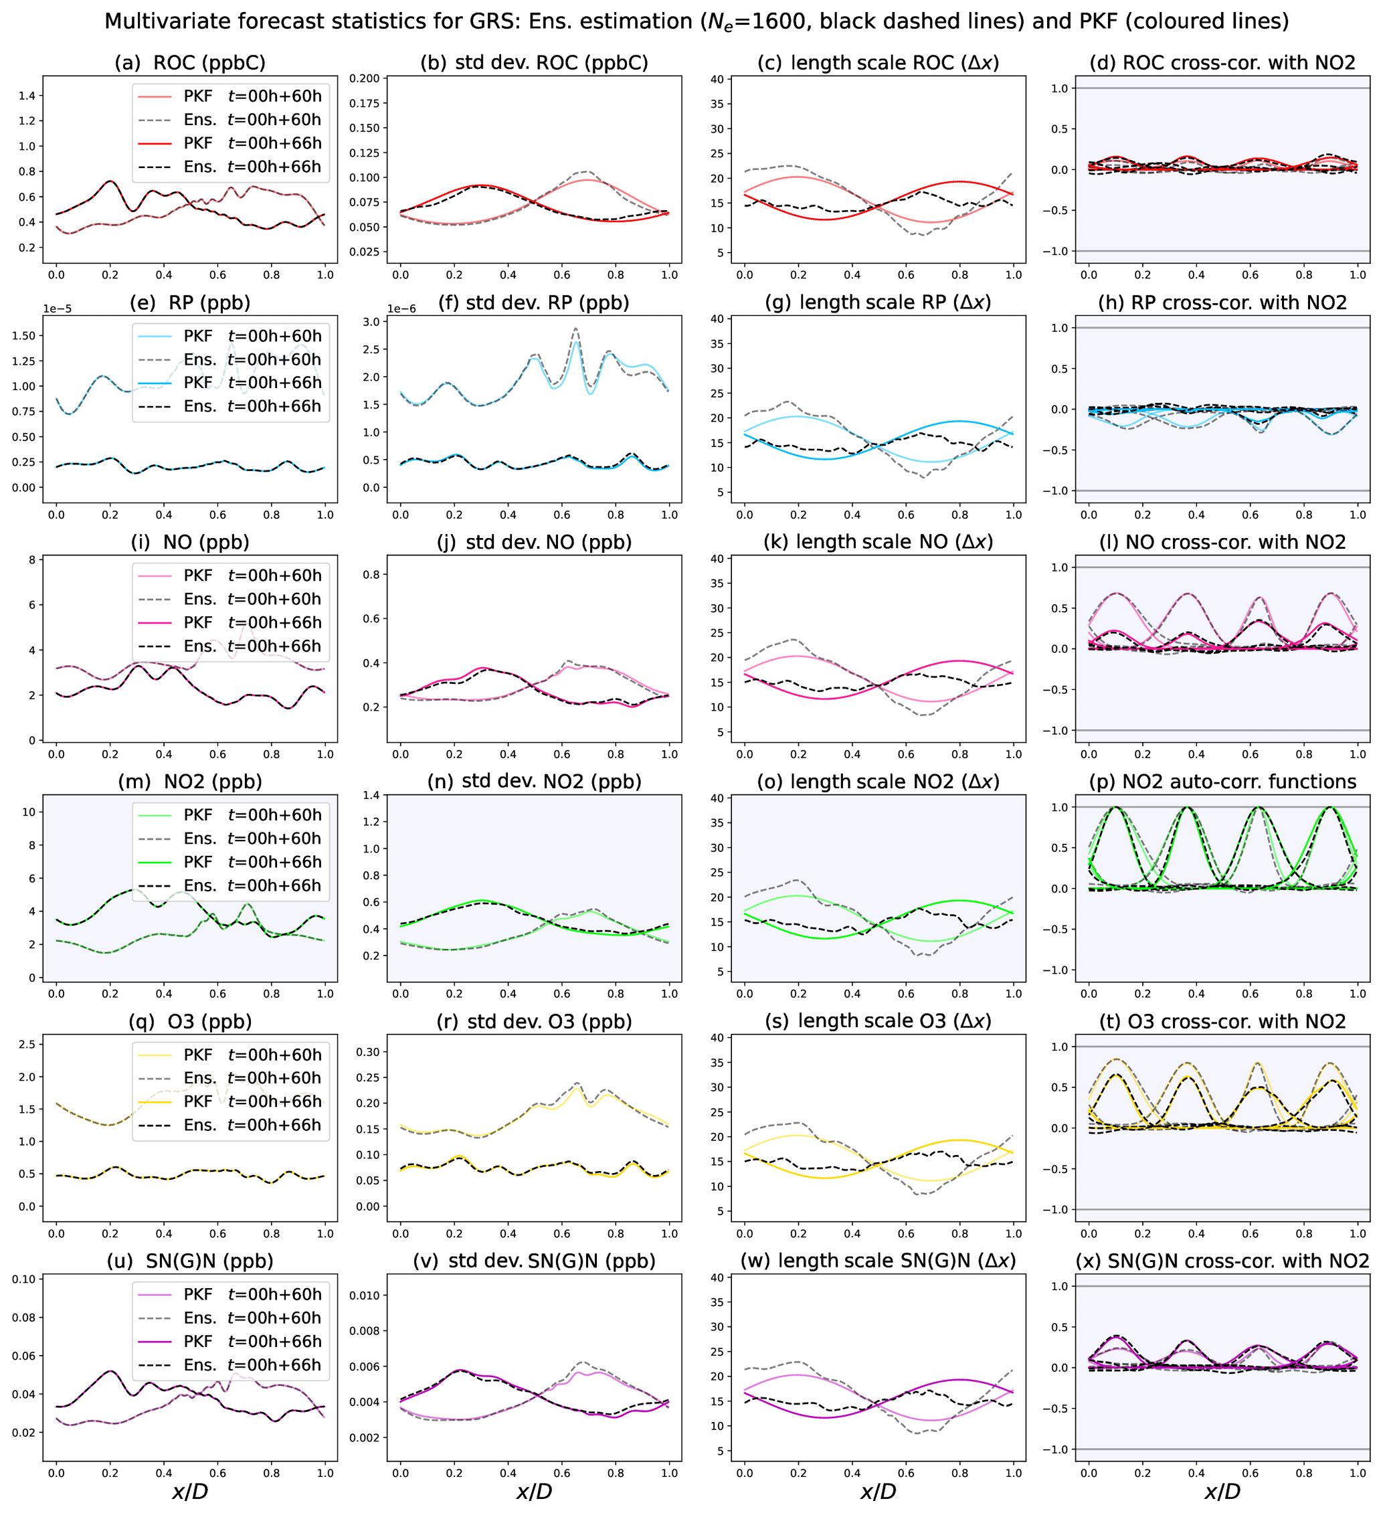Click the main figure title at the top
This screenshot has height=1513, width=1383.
696,21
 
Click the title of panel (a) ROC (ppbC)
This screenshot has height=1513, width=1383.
190,62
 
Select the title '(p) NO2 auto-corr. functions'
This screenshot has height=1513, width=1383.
1222,782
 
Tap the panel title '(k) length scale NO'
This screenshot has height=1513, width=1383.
878,542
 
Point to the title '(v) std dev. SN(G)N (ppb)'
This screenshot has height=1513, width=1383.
533,1261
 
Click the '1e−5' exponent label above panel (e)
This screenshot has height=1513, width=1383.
57,308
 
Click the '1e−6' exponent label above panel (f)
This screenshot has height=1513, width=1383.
401,308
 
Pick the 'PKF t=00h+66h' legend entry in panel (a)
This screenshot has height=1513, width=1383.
252,143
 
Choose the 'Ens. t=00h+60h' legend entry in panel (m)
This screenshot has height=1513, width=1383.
252,838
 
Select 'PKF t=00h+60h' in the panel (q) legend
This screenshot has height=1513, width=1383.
252,1055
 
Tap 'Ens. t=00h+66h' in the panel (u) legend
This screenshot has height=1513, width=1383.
252,1364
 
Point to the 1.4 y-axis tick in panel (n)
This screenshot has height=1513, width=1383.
371,796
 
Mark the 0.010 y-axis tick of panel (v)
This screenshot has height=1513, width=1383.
364,1296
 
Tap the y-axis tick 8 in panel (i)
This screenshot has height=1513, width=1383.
32,559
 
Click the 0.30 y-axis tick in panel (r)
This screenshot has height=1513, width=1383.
368,1052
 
